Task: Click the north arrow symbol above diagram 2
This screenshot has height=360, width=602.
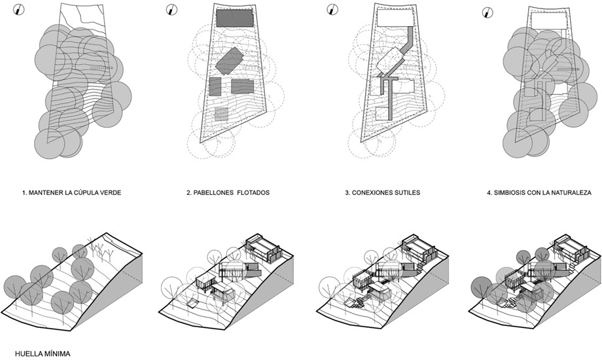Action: click(171, 9)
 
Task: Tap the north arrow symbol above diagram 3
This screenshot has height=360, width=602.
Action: click(332, 9)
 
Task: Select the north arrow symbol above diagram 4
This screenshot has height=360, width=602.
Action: click(486, 12)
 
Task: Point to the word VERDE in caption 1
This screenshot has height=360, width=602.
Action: click(109, 193)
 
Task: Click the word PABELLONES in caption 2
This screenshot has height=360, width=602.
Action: click(211, 193)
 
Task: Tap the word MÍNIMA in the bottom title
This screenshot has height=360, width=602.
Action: click(50, 353)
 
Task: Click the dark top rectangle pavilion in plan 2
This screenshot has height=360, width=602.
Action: click(233, 18)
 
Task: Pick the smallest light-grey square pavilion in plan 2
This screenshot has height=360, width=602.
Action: click(221, 115)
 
